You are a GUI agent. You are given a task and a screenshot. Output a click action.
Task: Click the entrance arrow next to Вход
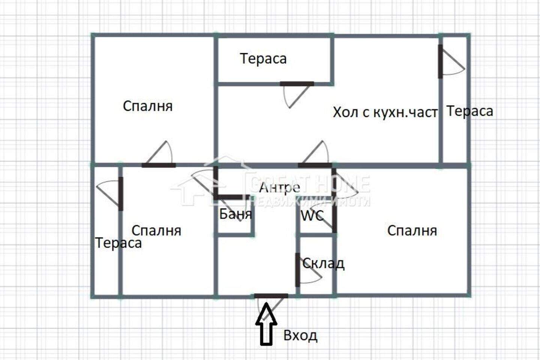pyautogui.click(x=266, y=324)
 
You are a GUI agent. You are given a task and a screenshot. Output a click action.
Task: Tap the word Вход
pyautogui.click(x=300, y=336)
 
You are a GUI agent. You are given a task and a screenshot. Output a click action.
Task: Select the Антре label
pyautogui.click(x=280, y=187)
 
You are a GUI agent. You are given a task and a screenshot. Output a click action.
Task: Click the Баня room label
pyautogui.click(x=235, y=214)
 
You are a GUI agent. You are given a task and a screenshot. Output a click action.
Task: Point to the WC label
pyautogui.click(x=312, y=216)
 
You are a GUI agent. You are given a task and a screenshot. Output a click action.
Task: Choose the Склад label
pyautogui.click(x=323, y=263)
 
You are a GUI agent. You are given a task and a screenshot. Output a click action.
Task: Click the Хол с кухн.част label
pyautogui.click(x=385, y=112)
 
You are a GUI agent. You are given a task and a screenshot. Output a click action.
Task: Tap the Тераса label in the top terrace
pyautogui.click(x=263, y=58)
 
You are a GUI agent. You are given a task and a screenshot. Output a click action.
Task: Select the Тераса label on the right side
pyautogui.click(x=470, y=111)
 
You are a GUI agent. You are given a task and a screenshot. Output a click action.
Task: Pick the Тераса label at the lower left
pyautogui.click(x=118, y=243)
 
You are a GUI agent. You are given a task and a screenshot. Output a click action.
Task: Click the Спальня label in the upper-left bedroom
pyautogui.click(x=148, y=106)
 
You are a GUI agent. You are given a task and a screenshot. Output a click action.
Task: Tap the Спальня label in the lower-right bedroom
pyautogui.click(x=412, y=231)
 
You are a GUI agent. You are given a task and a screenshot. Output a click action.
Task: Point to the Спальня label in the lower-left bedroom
pyautogui.click(x=156, y=231)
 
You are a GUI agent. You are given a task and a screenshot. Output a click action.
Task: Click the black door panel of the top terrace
pyautogui.click(x=297, y=84)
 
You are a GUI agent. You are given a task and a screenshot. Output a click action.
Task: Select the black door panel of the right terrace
pyautogui.click(x=440, y=61)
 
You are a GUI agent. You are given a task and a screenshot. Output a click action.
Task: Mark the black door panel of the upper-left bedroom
pyautogui.click(x=159, y=165)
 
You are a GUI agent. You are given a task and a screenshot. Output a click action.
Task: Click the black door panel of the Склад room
pyautogui.click(x=298, y=270)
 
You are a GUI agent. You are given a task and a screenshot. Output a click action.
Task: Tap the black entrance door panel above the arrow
pyautogui.click(x=271, y=296)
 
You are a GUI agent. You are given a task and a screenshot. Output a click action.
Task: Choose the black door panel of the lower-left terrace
pyautogui.click(x=121, y=194)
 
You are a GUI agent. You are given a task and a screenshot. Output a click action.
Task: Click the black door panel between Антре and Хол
pyautogui.click(x=315, y=165)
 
